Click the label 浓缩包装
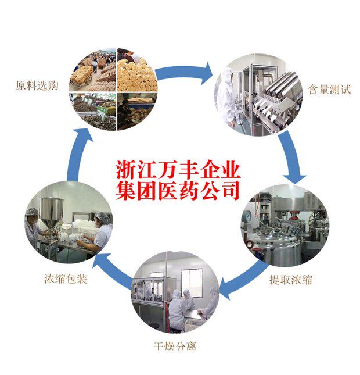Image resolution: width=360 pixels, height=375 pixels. click(65, 280)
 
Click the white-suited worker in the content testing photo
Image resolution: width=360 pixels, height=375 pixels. click(227, 96)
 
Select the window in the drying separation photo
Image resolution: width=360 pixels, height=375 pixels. click(192, 281)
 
